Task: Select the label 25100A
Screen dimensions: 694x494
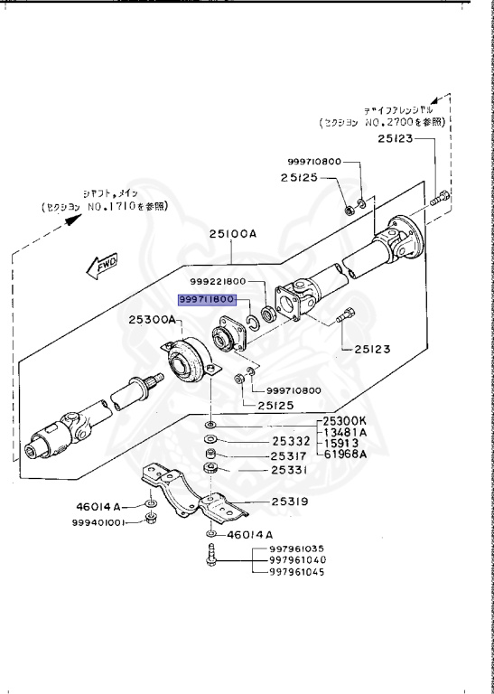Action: click(x=234, y=233)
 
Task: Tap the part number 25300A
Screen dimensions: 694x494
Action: click(x=153, y=319)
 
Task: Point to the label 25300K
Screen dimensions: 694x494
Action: click(x=345, y=422)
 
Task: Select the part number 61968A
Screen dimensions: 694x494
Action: click(x=345, y=455)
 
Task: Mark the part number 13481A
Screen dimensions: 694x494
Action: click(x=345, y=433)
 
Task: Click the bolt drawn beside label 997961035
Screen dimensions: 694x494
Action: click(x=210, y=554)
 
